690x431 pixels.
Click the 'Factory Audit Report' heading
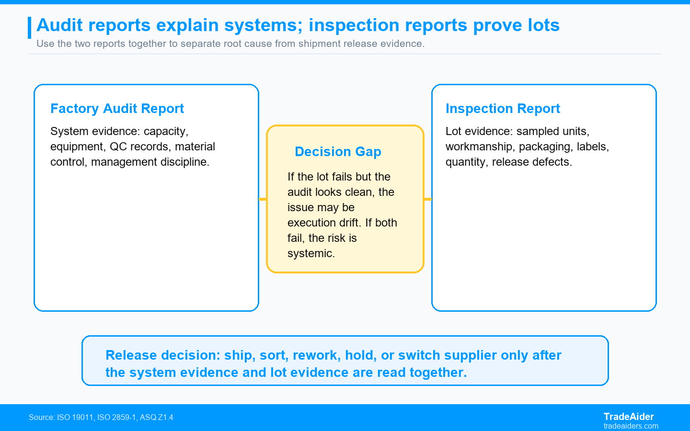click(117, 109)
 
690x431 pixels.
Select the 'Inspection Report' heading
click(503, 109)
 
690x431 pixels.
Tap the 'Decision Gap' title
click(338, 151)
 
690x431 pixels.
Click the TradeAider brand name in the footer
click(628, 417)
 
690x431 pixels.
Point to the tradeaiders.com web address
click(631, 426)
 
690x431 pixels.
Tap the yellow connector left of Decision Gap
click(263, 199)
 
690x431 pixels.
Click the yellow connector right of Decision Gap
click(428, 199)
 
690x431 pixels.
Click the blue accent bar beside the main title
click(30, 28)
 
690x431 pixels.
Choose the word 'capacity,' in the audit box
click(166, 131)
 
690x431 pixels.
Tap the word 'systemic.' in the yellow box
click(311, 254)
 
